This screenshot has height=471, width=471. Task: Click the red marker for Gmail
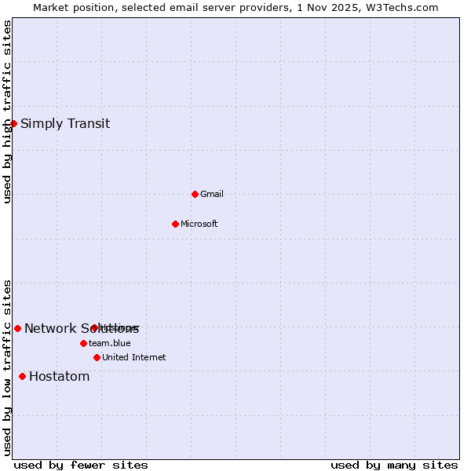coord(195,194)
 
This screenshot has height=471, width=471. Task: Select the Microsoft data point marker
coord(175,224)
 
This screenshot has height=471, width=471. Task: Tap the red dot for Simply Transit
coord(13,123)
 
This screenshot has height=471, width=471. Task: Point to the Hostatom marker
coord(22,376)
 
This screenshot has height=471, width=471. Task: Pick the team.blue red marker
coord(83,343)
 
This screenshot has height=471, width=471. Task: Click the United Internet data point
coord(97,357)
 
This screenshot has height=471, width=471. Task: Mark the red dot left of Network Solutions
coord(17,328)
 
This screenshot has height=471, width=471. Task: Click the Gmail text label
coord(212,194)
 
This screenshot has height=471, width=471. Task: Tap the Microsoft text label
coord(199,224)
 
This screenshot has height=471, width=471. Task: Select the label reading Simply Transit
coord(65,123)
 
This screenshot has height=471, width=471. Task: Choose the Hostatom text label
coord(59,376)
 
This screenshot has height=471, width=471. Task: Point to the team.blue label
coord(109,343)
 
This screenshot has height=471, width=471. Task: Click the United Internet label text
coord(133,357)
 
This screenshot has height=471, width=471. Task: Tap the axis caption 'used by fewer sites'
coord(81,466)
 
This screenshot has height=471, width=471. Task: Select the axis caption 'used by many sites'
coord(394,466)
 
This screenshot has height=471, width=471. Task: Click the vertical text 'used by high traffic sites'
coord(7,111)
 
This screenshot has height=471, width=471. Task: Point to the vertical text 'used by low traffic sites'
coord(7,367)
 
